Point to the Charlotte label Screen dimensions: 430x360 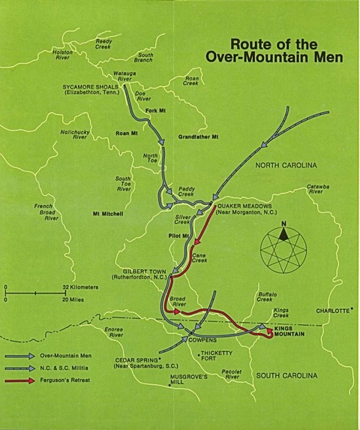[x=332, y=310]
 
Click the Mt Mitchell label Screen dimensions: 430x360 [x=107, y=214]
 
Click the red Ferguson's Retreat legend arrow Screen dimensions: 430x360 [x=22, y=382]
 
